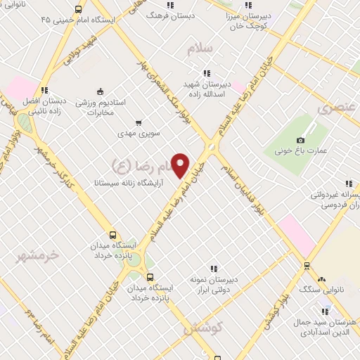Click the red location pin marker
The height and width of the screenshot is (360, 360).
tap(181, 165)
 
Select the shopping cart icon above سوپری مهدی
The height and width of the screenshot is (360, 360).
tap(138, 122)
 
